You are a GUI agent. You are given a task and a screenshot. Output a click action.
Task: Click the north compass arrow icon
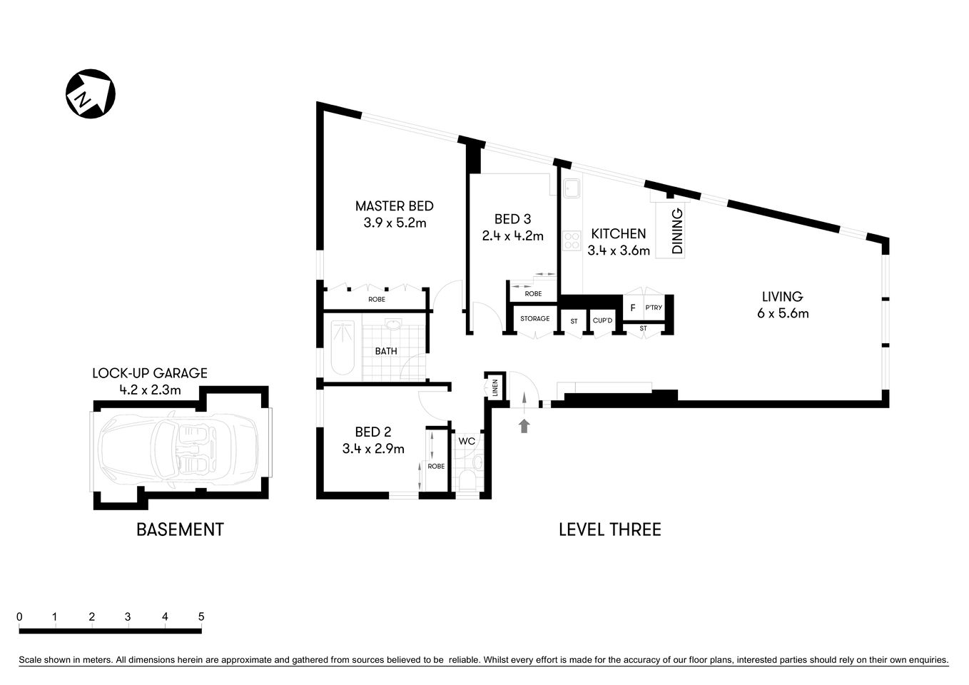91,93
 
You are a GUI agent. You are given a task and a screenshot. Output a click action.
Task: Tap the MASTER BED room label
394,206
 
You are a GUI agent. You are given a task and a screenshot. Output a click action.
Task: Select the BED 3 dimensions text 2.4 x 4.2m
512,235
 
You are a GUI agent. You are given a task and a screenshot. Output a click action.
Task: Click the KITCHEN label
618,233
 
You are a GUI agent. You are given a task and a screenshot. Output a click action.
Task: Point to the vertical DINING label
677,231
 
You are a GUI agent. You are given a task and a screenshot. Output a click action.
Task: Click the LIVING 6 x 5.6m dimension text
783,313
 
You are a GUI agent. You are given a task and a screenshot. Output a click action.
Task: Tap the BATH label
386,351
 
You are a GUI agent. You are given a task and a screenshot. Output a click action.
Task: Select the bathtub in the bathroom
343,347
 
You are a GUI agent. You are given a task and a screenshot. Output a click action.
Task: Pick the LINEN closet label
494,388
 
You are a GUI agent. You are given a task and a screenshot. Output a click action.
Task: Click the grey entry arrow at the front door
524,426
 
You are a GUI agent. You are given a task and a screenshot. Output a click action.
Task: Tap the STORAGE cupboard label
534,318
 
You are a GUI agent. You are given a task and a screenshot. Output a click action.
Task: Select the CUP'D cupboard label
602,321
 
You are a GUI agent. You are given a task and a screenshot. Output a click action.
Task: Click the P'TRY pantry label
653,308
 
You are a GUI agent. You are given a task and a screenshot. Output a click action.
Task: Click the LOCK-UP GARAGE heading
150,373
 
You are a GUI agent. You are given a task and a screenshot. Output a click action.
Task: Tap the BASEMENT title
180,529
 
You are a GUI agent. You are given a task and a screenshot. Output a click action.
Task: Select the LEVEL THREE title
609,529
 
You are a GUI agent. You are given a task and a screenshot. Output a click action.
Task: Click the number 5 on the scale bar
201,616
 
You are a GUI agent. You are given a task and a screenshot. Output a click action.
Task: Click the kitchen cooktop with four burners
571,240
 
